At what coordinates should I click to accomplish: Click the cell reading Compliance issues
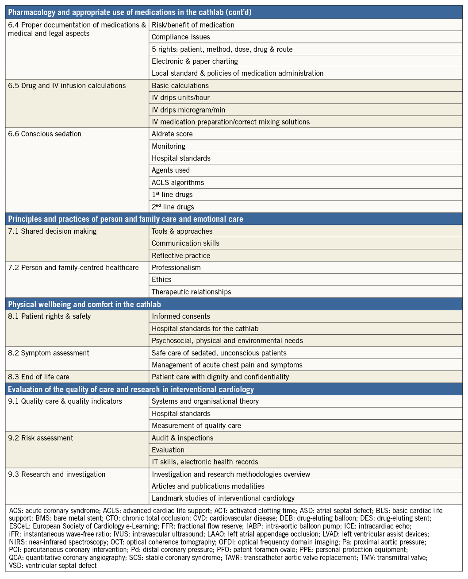point(181,37)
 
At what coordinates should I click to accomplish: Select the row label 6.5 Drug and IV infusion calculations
point(67,86)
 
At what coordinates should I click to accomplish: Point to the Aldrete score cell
point(172,134)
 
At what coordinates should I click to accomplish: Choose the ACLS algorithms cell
point(178,182)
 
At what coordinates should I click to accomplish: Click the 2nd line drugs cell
point(173,207)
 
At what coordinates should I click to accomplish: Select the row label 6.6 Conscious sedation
point(45,134)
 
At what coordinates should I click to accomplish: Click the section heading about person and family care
point(126,219)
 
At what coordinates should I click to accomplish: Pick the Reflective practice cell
point(181,255)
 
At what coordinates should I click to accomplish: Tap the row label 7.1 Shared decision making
point(52,231)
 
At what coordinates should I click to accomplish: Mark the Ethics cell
point(161,280)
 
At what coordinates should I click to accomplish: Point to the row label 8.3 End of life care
point(39,377)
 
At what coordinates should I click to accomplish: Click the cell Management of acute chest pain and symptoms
point(227,365)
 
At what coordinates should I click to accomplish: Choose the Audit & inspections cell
point(183,438)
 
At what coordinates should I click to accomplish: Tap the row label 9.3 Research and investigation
point(57,474)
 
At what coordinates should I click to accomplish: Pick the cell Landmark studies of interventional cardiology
point(223,498)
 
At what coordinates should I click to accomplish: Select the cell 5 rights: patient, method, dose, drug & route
point(222,50)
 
